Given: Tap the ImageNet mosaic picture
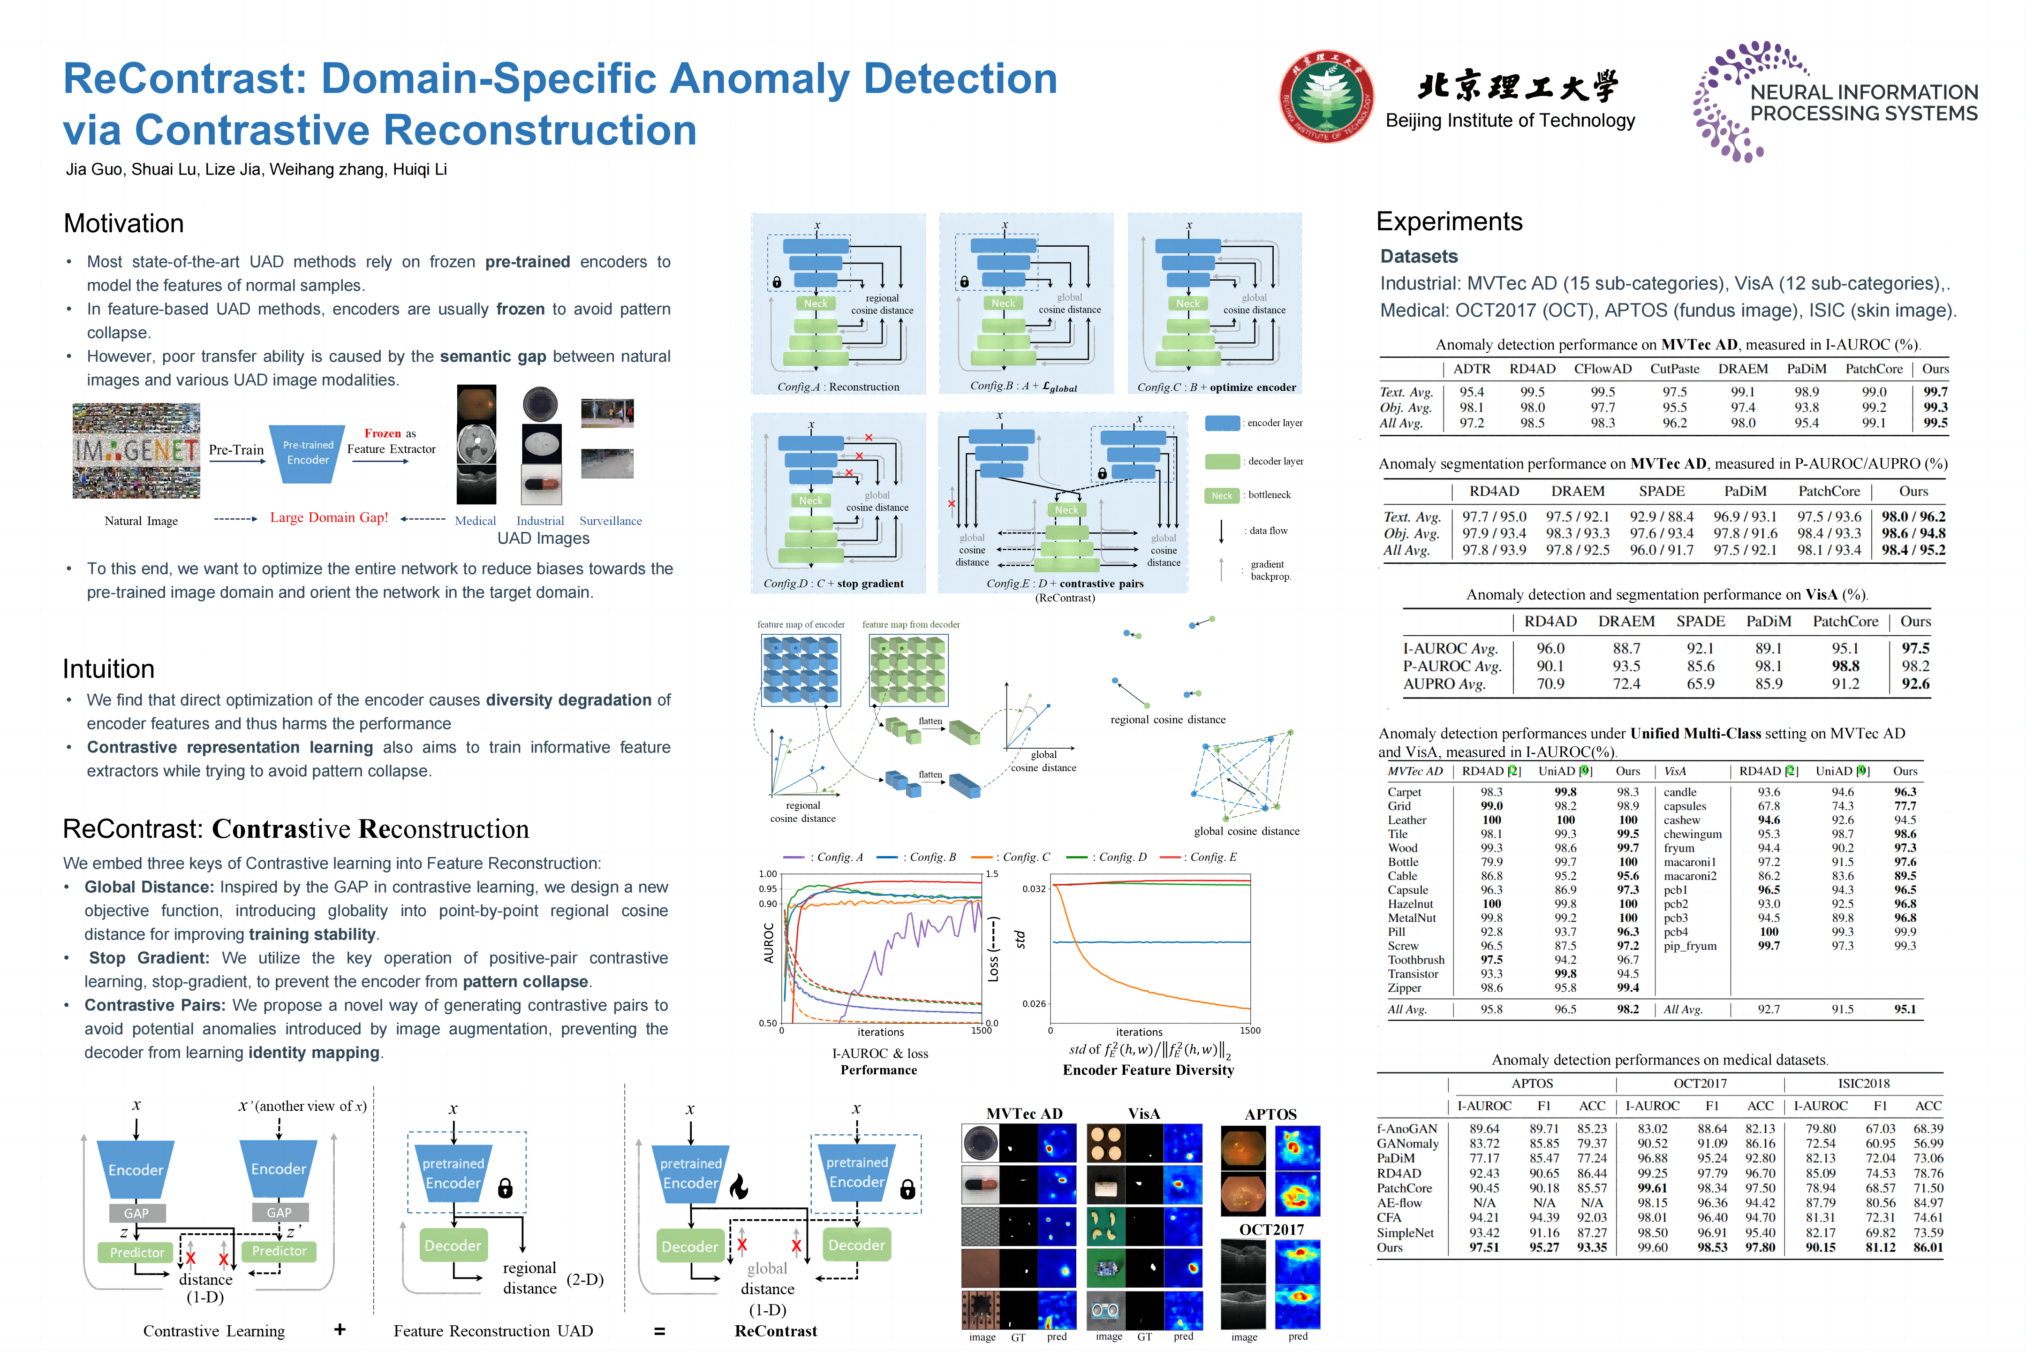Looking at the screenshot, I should coord(136,451).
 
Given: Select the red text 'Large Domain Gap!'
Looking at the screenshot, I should coord(329,518).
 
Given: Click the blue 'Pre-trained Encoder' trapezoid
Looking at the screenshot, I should coord(308,452).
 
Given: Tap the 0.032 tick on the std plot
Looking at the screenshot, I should coord(1034,888).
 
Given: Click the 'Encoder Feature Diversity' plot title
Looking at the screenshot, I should coord(1148,1070).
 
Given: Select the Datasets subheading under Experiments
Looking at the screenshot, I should coord(1419,256).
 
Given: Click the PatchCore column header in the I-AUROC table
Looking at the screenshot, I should coord(1874,369).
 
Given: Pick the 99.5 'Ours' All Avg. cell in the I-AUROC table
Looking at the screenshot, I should coord(1935,423).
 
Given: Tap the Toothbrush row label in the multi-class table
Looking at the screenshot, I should coord(1415,960).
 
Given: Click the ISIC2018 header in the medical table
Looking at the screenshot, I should coord(1863,1084).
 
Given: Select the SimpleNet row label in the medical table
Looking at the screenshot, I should coord(1405,1233).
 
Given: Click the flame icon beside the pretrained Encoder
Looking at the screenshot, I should coord(738,1187).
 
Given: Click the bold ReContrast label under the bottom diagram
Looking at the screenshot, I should coord(775,1331).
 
